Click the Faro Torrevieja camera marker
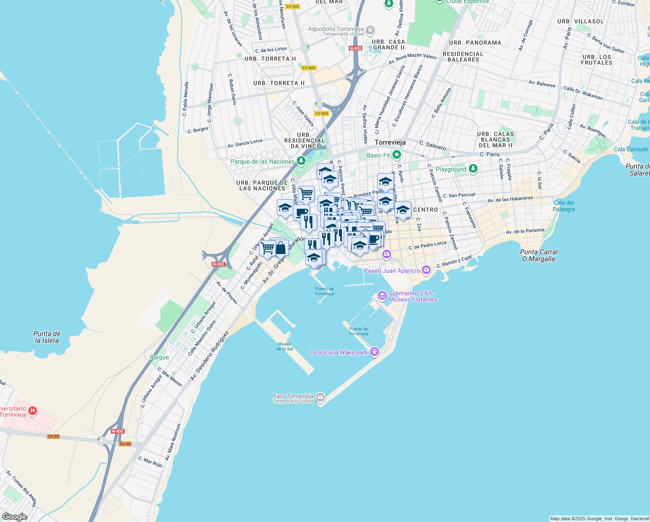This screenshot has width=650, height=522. tap(320, 397)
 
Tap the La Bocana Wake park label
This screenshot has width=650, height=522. tap(338, 352)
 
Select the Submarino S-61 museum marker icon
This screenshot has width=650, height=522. tap(382, 296)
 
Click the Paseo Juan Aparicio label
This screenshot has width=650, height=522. tap(392, 271)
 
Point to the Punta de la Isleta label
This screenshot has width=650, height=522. tap(47, 337)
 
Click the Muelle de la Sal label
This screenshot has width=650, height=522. tap(285, 346)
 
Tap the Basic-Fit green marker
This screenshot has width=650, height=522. tap(396, 155)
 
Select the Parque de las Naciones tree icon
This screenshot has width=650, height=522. tap(301, 161)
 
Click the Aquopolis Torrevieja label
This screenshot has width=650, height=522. tap(335, 29)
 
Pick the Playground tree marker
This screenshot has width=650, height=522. tap(473, 169)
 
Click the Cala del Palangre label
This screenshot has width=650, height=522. tap(564, 206)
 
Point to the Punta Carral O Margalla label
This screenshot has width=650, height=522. tap(539, 255)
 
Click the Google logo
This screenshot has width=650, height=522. tap(14, 517)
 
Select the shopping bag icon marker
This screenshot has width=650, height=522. tap(281, 248)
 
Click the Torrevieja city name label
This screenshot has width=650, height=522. tap(390, 142)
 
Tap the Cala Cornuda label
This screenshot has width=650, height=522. tap(630, 149)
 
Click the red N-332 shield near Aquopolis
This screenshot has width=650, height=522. tap(355, 48)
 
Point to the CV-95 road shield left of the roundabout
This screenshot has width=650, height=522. tap(53, 436)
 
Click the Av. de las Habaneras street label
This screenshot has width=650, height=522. tap(510, 199)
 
